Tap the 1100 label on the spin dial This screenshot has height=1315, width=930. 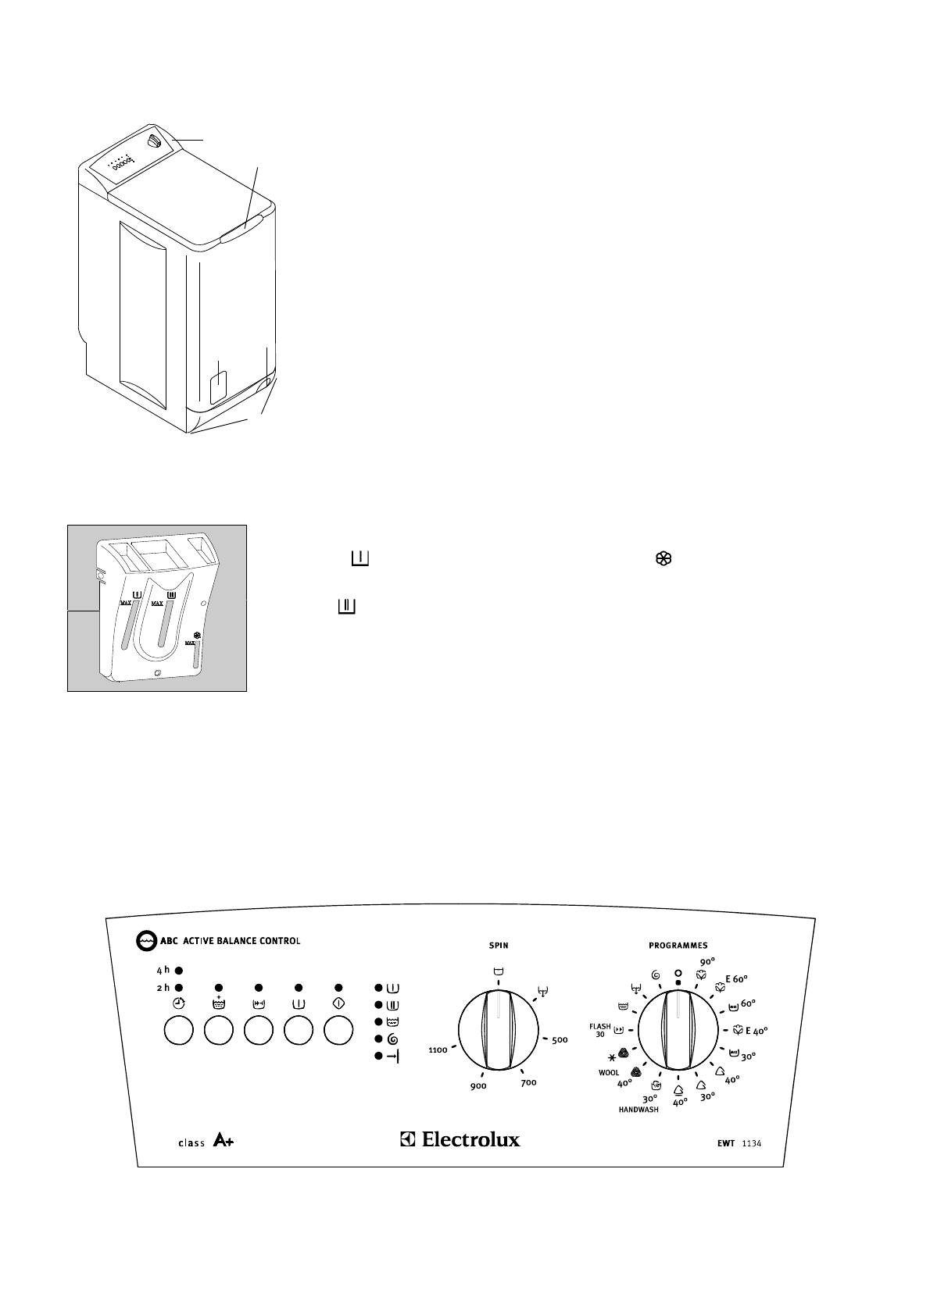[438, 1050]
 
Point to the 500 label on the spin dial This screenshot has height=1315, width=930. [559, 1040]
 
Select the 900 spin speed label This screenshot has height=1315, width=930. [478, 1086]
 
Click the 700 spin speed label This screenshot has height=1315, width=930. [528, 1082]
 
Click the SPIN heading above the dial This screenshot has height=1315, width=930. [499, 945]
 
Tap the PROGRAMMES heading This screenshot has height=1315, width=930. [678, 945]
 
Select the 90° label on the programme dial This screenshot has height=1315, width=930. [707, 962]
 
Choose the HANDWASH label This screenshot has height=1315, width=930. [638, 1109]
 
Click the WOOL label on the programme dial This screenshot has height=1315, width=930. [609, 1072]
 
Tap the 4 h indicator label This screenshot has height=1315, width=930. [162, 970]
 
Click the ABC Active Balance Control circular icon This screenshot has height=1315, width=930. [145, 941]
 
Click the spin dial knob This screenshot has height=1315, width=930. [498, 1030]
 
